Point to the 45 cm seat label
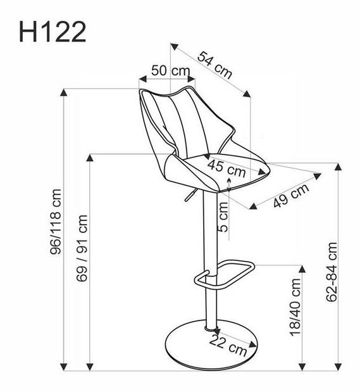226,168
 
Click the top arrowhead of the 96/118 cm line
64,94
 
